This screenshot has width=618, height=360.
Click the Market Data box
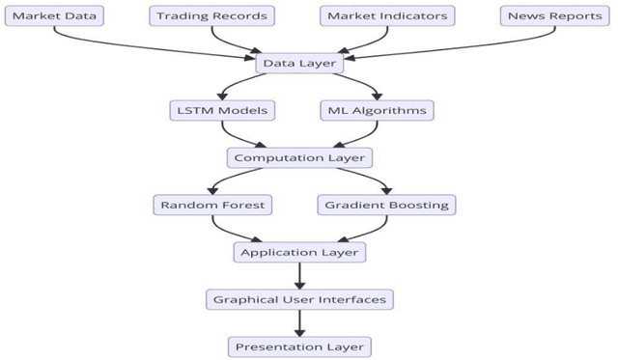point(53,15)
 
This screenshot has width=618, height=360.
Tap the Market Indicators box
point(387,15)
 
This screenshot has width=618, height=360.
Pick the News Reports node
point(556,15)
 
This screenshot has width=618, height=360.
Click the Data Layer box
point(299,63)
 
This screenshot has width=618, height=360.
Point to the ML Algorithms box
point(377,110)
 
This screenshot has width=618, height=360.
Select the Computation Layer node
point(299,157)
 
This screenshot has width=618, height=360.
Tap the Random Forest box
point(212,205)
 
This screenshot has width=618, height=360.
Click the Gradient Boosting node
point(385,205)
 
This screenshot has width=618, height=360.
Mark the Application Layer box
point(299,252)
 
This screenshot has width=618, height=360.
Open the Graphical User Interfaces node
point(299,299)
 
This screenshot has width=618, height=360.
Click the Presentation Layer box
point(299,346)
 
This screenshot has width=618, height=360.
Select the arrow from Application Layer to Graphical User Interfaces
point(299,275)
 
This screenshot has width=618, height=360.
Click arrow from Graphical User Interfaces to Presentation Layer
point(299,322)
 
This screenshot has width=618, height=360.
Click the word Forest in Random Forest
point(240,205)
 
